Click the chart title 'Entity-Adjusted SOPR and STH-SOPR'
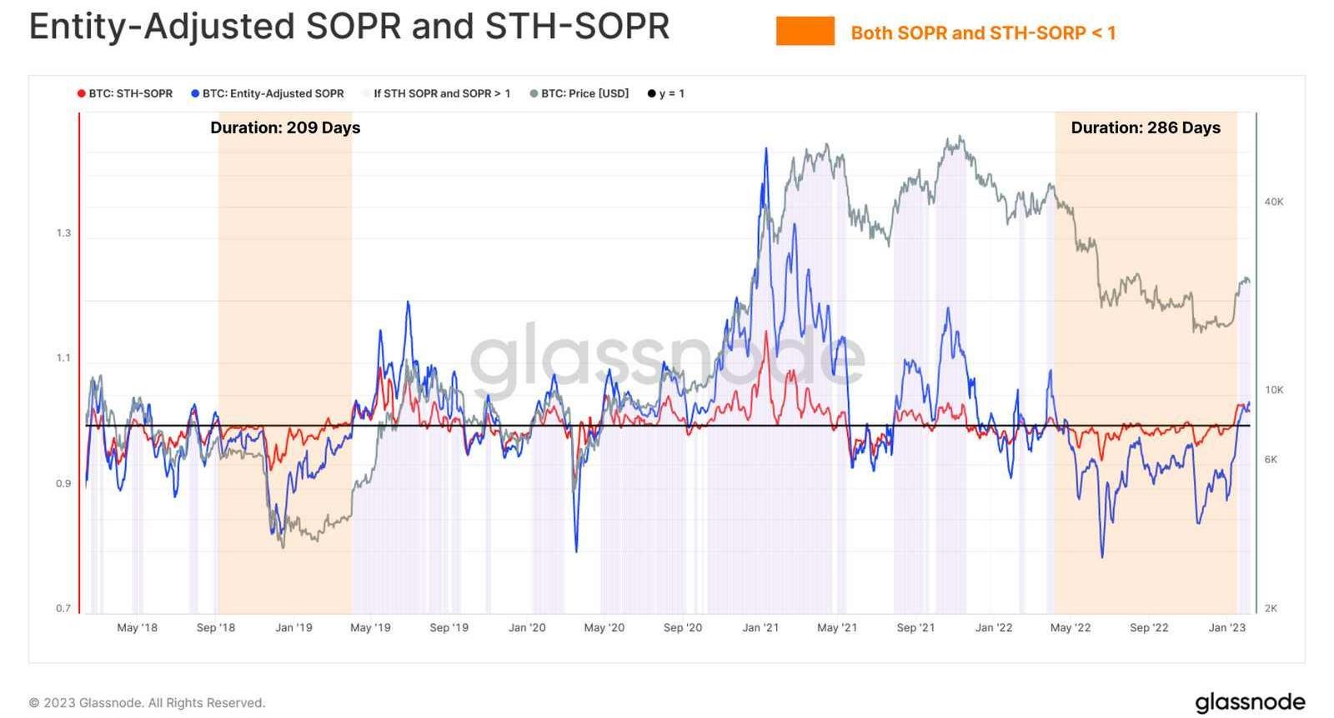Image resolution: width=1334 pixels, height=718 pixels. (349, 27)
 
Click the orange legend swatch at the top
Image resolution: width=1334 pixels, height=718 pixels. (805, 32)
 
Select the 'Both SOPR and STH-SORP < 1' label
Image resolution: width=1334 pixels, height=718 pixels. (983, 33)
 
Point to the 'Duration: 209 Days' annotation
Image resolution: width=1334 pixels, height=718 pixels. (285, 127)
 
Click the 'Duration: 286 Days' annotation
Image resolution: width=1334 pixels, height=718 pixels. (1146, 127)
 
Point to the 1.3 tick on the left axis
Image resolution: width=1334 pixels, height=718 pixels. (63, 233)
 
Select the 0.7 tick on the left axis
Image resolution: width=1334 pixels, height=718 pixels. (63, 609)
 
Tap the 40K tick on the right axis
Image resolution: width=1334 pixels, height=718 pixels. (1274, 202)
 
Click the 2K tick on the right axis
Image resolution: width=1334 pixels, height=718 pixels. (1271, 609)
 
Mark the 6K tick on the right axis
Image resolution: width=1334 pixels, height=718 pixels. (1271, 460)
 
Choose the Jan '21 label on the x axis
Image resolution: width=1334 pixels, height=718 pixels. (760, 628)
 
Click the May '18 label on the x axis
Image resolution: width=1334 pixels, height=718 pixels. (137, 628)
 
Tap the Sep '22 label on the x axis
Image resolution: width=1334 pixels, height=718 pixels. (1149, 628)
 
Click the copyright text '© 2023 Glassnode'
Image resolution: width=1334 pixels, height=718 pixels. (147, 703)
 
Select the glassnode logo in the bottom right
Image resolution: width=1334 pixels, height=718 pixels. (1250, 702)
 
